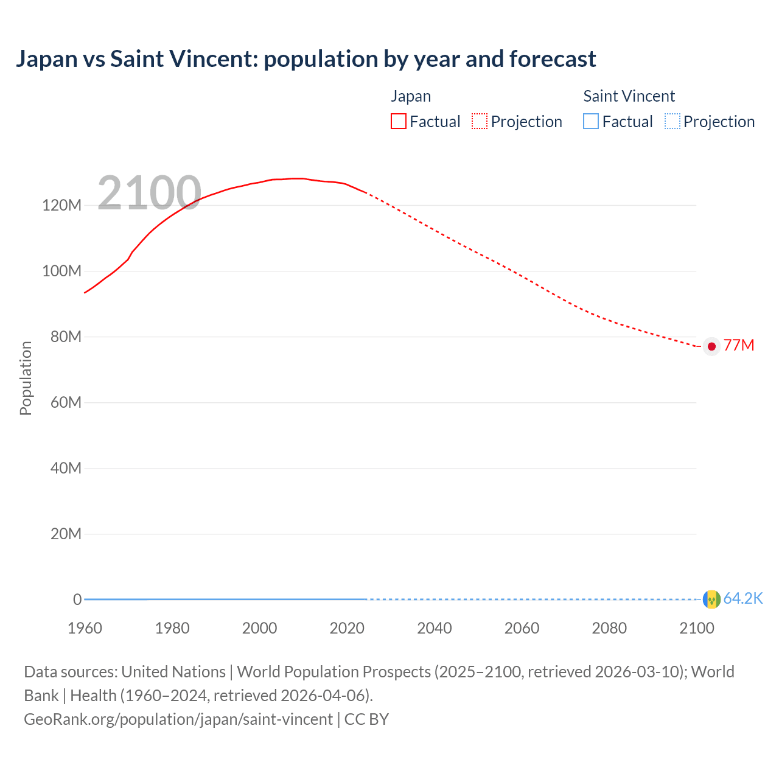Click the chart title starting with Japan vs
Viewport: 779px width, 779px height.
coord(306,59)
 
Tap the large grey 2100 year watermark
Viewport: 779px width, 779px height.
coord(149,193)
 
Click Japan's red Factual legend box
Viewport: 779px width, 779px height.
coord(399,121)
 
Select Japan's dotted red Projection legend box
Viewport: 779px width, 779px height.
coord(480,121)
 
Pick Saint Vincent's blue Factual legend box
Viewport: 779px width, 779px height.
coord(591,121)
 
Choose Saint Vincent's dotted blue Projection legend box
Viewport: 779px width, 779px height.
coord(672,121)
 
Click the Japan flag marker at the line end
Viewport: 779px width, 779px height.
coord(711,346)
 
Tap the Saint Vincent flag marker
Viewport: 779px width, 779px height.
coord(711,599)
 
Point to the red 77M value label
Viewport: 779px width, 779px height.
coord(739,346)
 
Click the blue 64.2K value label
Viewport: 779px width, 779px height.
coord(743,599)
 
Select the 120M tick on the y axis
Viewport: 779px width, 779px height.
coord(61,205)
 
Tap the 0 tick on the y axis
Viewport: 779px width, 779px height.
coord(77,599)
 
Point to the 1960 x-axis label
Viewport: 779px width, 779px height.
coord(85,628)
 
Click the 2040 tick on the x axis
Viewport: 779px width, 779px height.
coord(435,628)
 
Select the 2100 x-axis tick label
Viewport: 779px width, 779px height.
coord(696,628)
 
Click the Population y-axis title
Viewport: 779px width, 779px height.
coord(26,378)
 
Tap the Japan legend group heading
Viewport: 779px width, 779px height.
coord(411,96)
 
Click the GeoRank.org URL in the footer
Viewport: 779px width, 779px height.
coord(178,719)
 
